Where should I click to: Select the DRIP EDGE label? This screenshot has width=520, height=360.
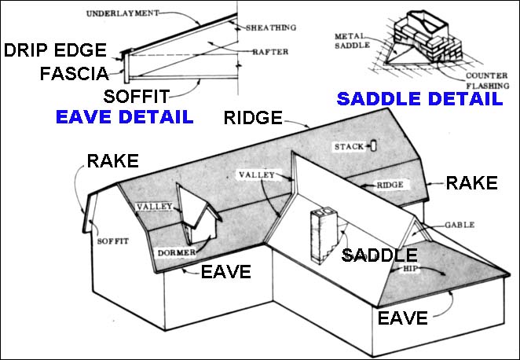coord(55,51)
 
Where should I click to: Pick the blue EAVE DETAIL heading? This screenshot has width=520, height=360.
coord(124,117)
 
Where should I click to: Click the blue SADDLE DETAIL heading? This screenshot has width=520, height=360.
coord(419,99)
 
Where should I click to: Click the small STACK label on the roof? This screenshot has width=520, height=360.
coord(348,147)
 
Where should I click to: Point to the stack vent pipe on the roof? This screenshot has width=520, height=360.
coord(373,145)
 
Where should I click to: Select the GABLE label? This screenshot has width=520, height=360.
coord(460,225)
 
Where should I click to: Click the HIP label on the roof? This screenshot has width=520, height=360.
coord(409,267)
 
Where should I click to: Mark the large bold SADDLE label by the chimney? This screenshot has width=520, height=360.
coord(379,255)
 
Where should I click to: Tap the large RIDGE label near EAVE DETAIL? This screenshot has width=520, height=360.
coord(253,119)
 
